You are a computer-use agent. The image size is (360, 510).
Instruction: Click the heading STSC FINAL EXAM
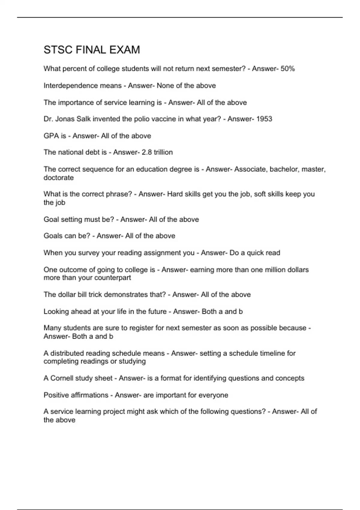point(92,50)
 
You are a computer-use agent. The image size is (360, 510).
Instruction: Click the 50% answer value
point(288,69)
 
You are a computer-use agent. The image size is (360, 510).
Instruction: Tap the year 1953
point(264,119)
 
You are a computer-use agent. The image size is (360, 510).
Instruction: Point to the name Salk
point(84,119)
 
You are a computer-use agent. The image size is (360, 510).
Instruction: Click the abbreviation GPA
point(51,136)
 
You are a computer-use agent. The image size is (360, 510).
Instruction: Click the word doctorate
point(58,178)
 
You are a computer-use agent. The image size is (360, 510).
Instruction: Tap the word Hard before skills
point(175,194)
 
